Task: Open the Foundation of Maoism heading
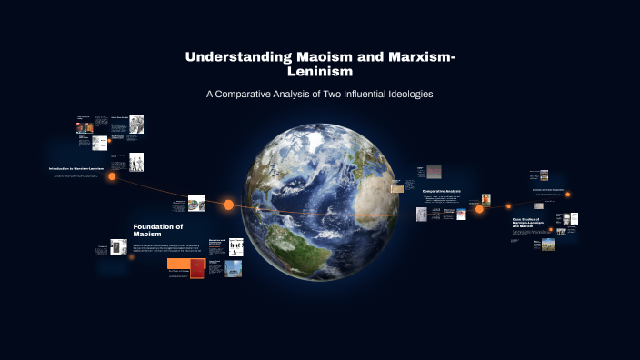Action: click(x=158, y=230)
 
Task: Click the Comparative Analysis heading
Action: click(x=442, y=191)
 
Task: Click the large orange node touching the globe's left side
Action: click(x=229, y=205)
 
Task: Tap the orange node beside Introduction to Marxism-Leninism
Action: click(x=112, y=176)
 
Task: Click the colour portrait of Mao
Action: click(x=486, y=199)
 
